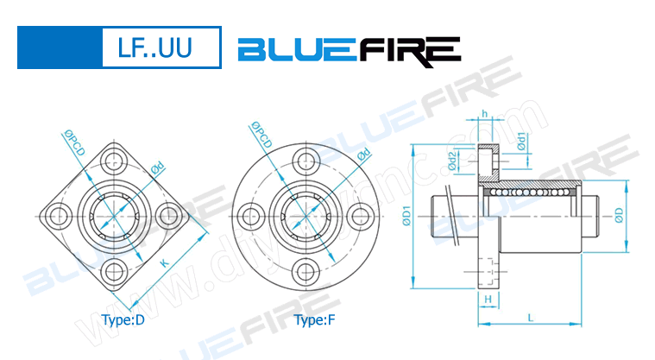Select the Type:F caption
(x=315, y=320)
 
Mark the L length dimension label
(x=530, y=318)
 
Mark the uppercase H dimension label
(x=488, y=299)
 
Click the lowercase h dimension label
(x=486, y=114)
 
